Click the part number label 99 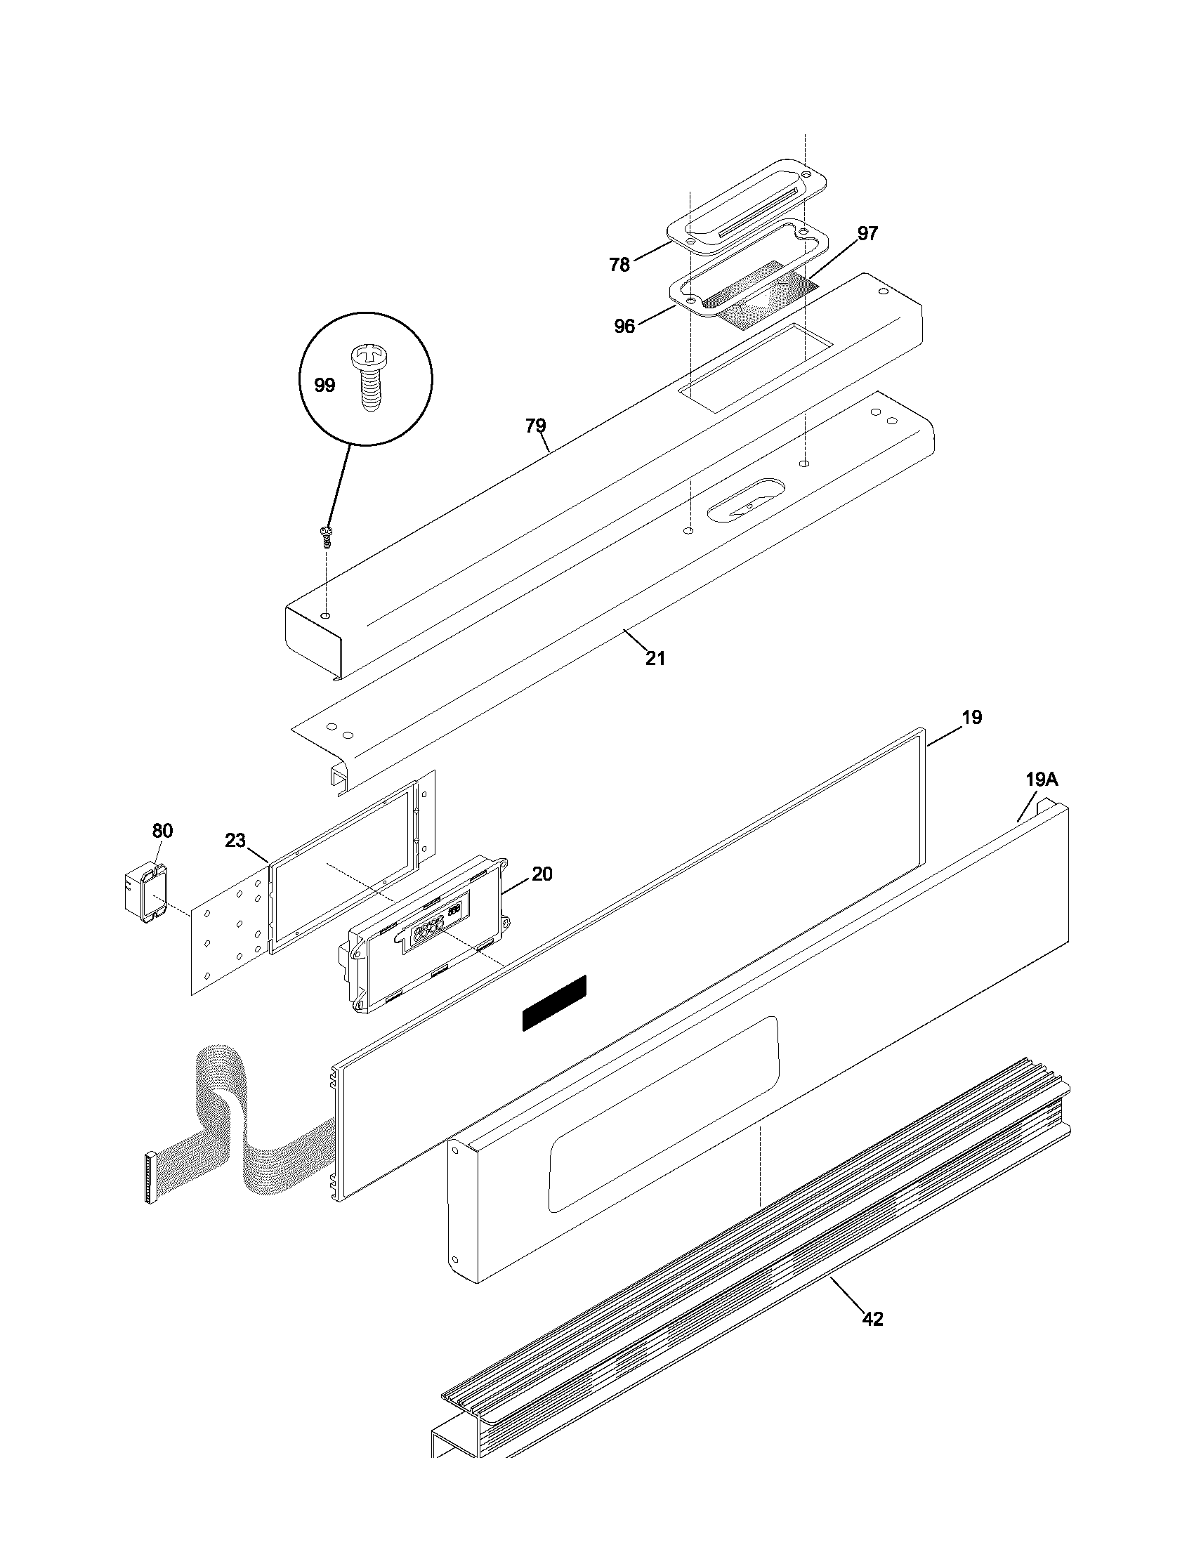tap(324, 386)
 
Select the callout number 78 tap(619, 265)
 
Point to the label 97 tap(868, 233)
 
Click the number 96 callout tap(624, 326)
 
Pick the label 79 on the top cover tap(535, 426)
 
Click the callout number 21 tap(656, 659)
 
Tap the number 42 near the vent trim tap(873, 1320)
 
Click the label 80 tap(163, 831)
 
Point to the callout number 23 tap(235, 841)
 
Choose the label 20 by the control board tap(542, 874)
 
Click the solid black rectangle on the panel tap(555, 1002)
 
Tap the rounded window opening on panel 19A tap(664, 1115)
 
